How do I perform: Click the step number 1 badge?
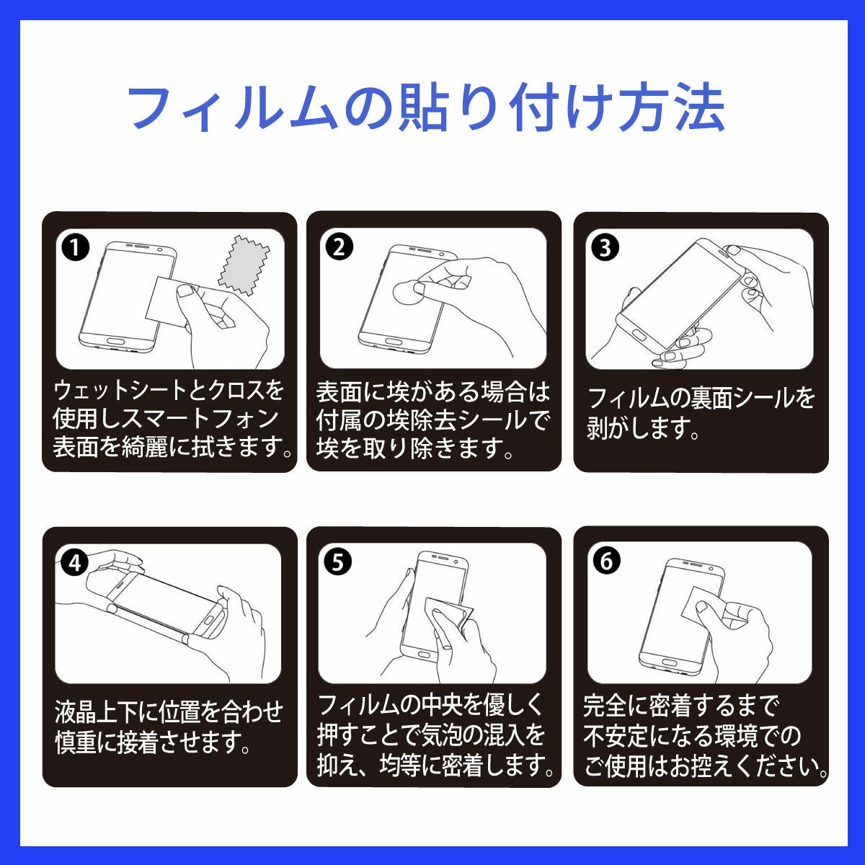pyautogui.click(x=76, y=248)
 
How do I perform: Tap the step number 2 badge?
pyautogui.click(x=339, y=247)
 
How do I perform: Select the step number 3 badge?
pyautogui.click(x=605, y=248)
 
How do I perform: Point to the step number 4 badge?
pyautogui.click(x=76, y=562)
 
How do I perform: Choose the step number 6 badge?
pyautogui.click(x=606, y=562)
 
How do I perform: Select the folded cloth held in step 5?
pyautogui.click(x=451, y=616)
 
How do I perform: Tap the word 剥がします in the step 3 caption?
pyautogui.click(x=642, y=428)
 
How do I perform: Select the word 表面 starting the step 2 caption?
pyautogui.click(x=340, y=391)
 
